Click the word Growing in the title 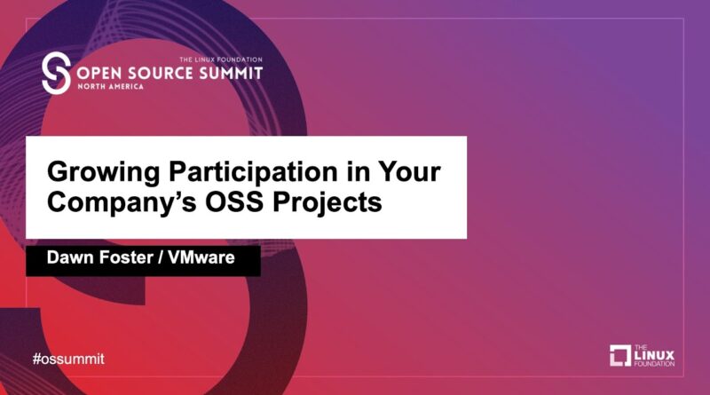coord(104,173)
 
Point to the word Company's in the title coord(122,203)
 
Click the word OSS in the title coord(234,202)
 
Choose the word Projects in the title coord(327,203)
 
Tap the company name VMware coord(201,257)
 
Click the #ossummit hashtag coord(68,359)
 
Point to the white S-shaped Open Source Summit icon coord(56,73)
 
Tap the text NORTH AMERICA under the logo coord(110,86)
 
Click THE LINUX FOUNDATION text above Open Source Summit coord(221,59)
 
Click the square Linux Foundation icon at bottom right coord(620,355)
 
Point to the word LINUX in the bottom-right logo coord(654,355)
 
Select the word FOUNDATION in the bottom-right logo coord(654,364)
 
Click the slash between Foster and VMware coord(161,257)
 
